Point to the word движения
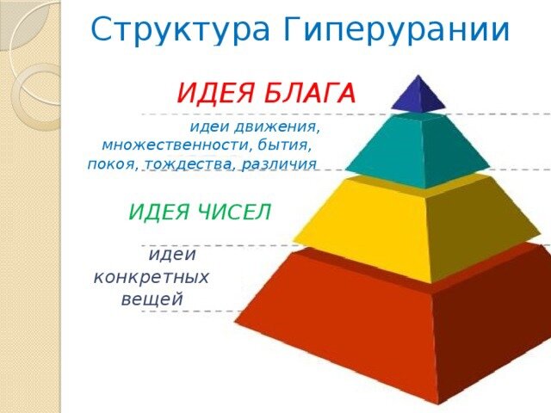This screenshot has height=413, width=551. [282, 127]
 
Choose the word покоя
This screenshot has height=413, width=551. [113, 163]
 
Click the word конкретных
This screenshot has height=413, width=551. [152, 277]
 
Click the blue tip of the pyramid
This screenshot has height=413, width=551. [418, 96]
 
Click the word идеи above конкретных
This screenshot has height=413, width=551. [172, 255]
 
